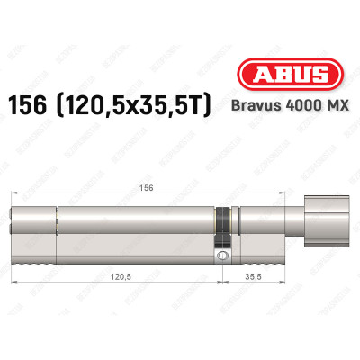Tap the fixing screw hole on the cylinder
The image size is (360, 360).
point(221,257)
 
